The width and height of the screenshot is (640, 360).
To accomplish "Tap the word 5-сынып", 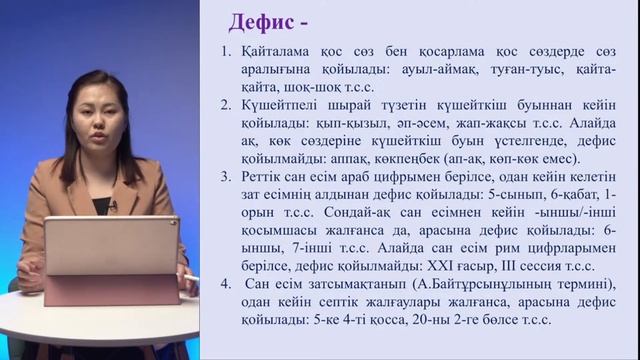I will (x=492, y=193).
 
